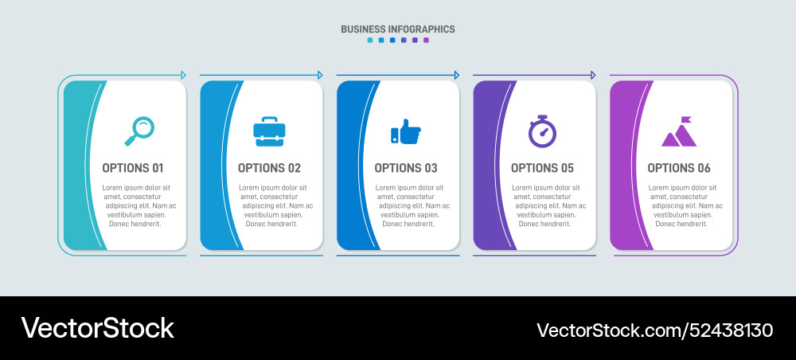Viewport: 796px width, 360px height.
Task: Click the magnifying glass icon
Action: (x=140, y=131)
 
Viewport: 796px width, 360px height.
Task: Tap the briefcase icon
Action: (x=269, y=131)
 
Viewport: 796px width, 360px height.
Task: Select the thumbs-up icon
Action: (x=406, y=131)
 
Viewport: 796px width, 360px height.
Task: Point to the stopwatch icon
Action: (x=542, y=131)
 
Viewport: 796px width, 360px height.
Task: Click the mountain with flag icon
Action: (x=679, y=133)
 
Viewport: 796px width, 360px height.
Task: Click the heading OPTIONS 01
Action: (x=133, y=168)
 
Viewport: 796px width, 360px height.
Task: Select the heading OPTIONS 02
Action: (x=269, y=168)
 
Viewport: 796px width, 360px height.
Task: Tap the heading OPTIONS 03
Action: (x=406, y=168)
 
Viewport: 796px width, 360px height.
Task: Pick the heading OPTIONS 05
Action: (x=542, y=168)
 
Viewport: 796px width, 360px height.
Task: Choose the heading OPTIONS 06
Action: (x=679, y=168)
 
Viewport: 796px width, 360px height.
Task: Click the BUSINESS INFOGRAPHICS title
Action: (x=398, y=29)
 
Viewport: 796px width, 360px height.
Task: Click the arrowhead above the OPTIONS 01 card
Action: (x=183, y=75)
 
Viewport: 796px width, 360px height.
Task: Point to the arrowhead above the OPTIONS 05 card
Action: (x=592, y=75)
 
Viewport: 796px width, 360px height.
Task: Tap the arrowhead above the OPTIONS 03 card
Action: (x=456, y=75)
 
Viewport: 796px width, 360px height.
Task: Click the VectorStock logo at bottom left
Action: (x=97, y=328)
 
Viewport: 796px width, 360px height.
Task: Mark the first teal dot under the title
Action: (x=370, y=40)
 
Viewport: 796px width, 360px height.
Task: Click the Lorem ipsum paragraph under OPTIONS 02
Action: (x=275, y=205)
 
